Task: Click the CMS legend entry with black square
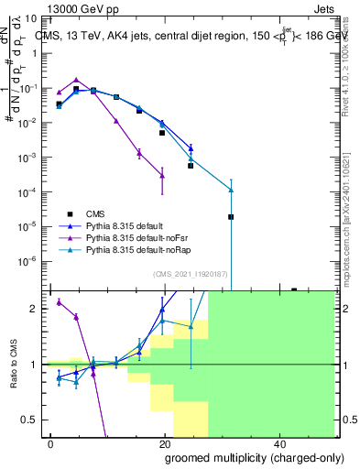coord(97,212)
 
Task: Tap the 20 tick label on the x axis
coord(165,442)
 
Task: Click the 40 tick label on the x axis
coord(279,442)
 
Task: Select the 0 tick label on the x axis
coord(50,442)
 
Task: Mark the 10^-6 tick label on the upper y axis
coord(31,260)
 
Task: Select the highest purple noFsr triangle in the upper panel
coord(76,80)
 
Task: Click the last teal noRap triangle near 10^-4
coord(231,190)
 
